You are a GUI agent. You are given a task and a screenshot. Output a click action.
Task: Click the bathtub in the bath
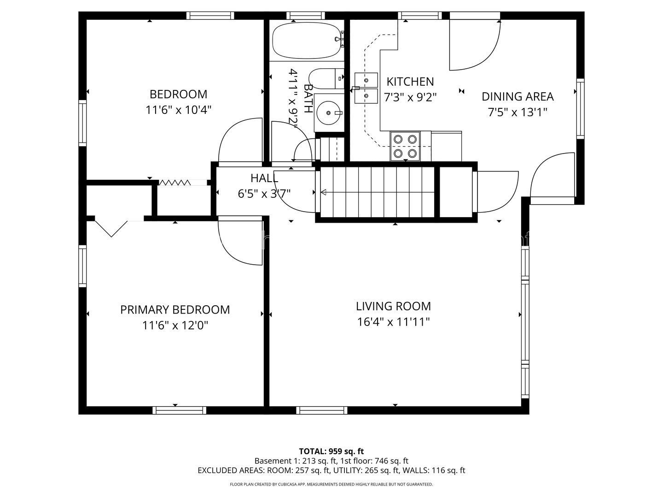[308, 41]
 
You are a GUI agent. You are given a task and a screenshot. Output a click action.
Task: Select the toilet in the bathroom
[326, 78]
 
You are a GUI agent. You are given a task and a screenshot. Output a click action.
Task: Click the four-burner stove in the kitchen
[405, 147]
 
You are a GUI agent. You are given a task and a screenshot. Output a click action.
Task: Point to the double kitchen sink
[366, 88]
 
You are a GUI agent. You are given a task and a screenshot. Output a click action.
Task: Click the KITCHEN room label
[410, 82]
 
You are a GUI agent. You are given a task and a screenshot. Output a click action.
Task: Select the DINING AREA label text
[518, 97]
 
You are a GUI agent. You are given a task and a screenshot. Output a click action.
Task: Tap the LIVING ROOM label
[393, 306]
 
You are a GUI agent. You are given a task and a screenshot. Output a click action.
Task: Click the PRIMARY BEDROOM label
[175, 309]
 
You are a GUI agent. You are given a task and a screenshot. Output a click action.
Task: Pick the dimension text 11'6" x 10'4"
[178, 110]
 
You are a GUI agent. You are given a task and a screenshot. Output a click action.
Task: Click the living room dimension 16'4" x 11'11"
[393, 322]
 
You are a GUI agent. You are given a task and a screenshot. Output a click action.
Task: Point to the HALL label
[264, 178]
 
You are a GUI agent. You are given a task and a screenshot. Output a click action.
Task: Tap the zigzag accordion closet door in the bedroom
[174, 182]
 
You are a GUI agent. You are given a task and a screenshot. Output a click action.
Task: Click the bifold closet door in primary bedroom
[111, 229]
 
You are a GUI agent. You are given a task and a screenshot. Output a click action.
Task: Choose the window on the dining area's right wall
[580, 108]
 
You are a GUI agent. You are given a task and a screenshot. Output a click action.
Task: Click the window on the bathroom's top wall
[305, 15]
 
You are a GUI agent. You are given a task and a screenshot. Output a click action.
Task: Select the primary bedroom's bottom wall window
[179, 410]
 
